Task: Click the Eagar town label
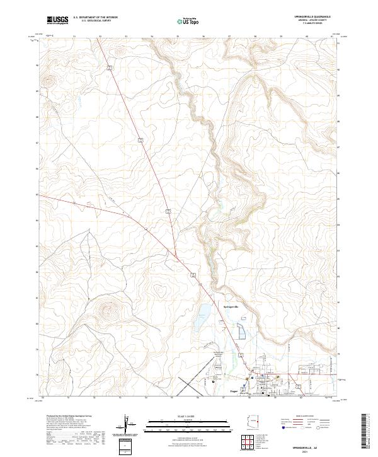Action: click(x=231, y=391)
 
